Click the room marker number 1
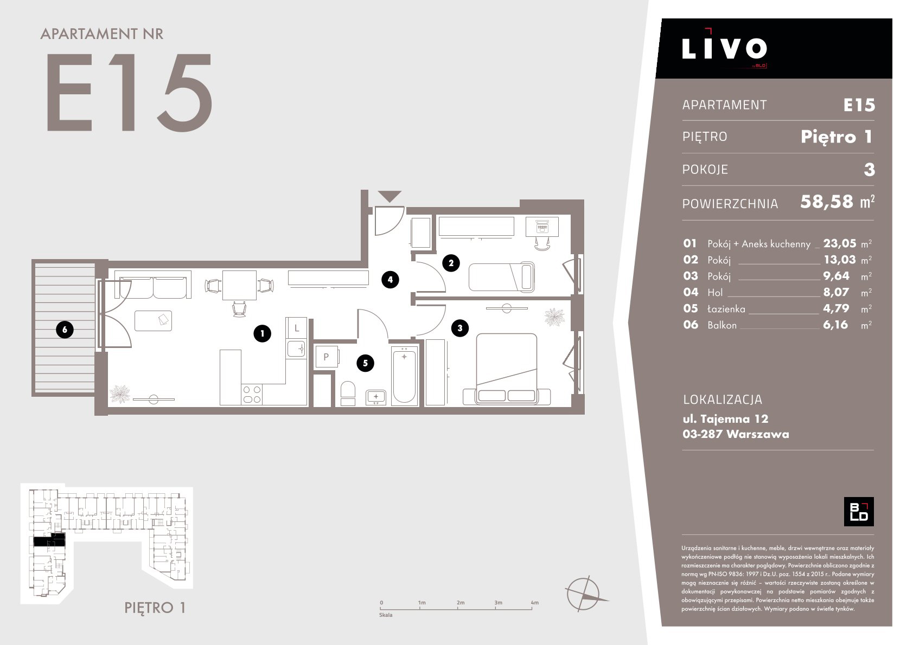point(262,333)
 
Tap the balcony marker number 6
point(65,330)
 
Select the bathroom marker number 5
point(365,363)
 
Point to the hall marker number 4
point(390,279)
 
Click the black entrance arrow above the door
point(390,196)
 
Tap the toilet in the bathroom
point(348,394)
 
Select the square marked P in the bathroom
point(326,357)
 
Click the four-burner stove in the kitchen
point(252,394)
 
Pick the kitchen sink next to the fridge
point(296,349)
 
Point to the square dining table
point(239,285)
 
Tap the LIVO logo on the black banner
point(724,48)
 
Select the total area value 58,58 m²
point(837,202)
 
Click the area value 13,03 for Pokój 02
point(839,260)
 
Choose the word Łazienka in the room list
point(726,308)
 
